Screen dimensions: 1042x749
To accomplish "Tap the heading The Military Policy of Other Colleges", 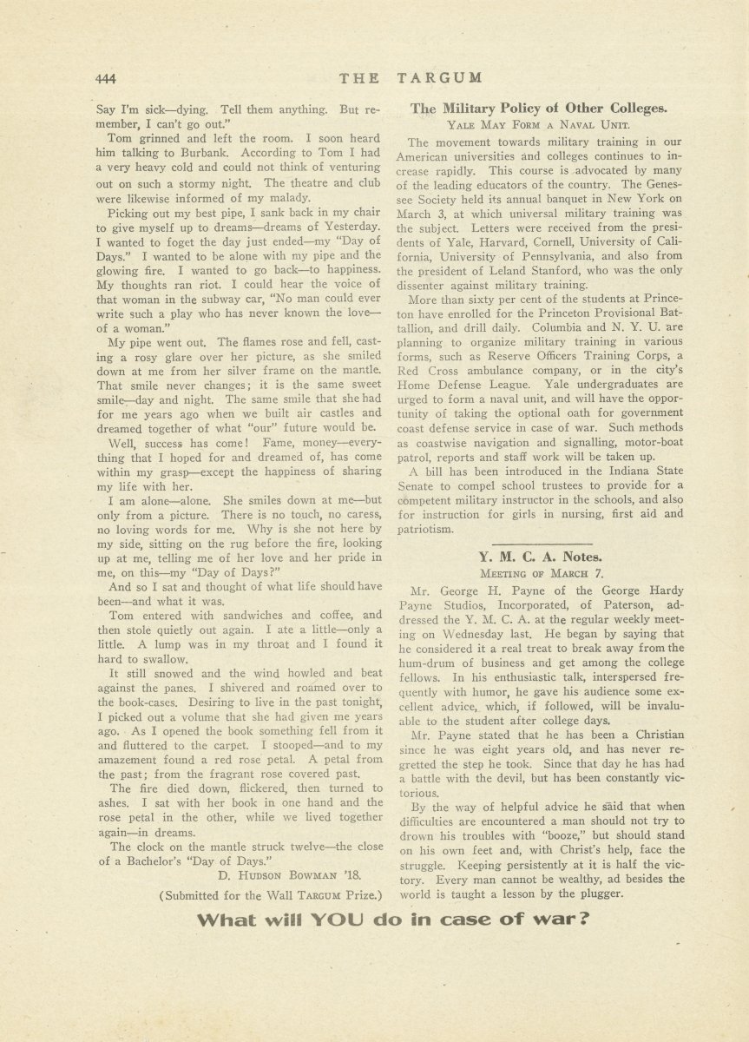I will point(539,109).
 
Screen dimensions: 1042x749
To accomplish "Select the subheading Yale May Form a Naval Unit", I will point(538,126).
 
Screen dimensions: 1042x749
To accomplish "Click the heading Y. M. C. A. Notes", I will point(540,557).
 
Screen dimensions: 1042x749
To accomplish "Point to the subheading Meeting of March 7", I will point(539,574).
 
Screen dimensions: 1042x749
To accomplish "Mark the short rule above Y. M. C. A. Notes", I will point(539,541).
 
